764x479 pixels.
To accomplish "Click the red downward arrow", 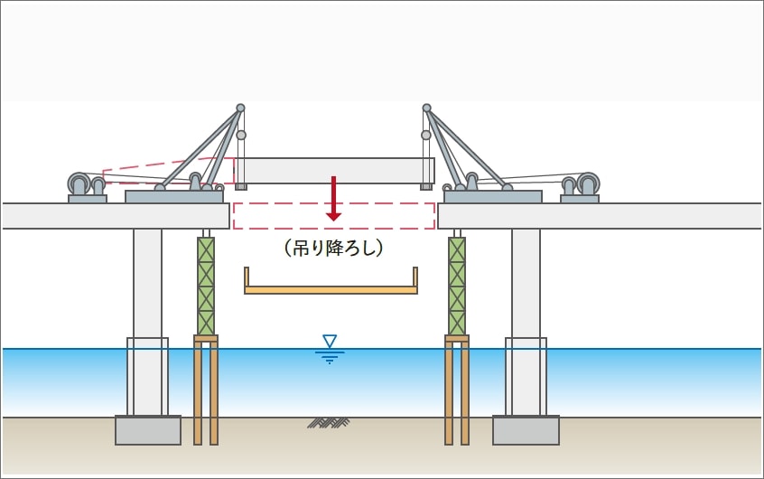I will (x=334, y=198).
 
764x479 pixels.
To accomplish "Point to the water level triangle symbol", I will (x=330, y=341).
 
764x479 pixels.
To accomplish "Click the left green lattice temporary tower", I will (x=206, y=286).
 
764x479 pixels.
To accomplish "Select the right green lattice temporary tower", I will (x=457, y=286).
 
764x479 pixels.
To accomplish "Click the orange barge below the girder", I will (x=331, y=289).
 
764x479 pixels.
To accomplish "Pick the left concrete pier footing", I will (x=148, y=430).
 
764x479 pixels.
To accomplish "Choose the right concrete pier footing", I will (x=526, y=430).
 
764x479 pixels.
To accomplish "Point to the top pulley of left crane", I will (x=240, y=108).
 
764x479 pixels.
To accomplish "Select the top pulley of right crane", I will (x=426, y=108).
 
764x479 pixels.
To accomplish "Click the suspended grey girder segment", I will (x=335, y=171).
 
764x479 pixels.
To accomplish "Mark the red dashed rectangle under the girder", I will (x=334, y=216).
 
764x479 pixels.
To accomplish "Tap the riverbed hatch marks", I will (x=329, y=421).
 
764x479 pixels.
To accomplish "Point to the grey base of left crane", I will (x=174, y=196).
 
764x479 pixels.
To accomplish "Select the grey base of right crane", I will (x=493, y=196).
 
